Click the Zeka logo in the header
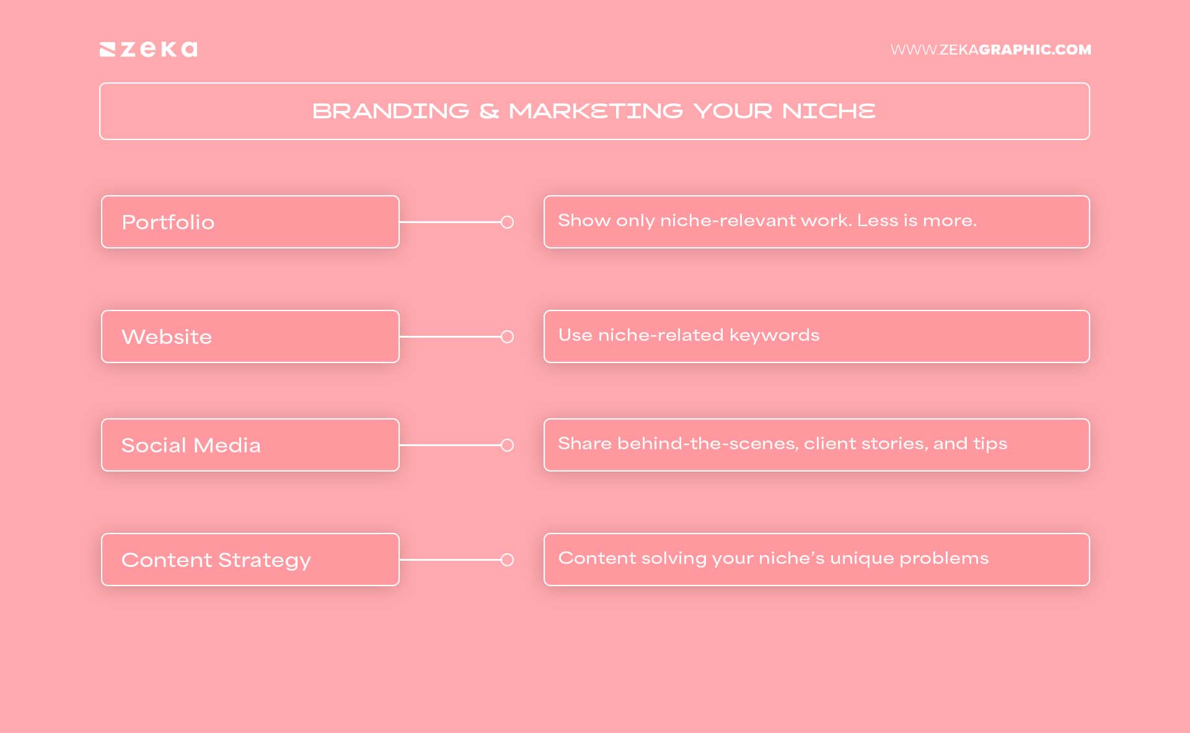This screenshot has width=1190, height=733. coord(149,50)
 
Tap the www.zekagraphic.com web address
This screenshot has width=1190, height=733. coord(990,50)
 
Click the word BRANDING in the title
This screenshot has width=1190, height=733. coord(390,112)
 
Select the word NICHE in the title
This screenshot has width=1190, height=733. coord(829,112)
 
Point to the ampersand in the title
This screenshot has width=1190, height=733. coord(489,112)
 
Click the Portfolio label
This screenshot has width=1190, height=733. coord(168,222)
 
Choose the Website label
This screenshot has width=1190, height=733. coord(167,337)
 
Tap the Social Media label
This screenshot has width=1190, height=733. coord(191,446)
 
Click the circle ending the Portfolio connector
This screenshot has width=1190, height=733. coord(507,222)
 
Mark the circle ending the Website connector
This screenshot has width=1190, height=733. coord(507,337)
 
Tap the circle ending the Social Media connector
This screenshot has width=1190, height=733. coord(507,446)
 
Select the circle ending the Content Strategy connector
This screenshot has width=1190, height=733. coord(507,560)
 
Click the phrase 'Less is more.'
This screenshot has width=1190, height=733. coord(917,221)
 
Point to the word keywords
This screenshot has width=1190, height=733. coord(774,335)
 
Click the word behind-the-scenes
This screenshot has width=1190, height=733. coord(707,444)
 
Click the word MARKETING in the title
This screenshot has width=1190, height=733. coord(596,112)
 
